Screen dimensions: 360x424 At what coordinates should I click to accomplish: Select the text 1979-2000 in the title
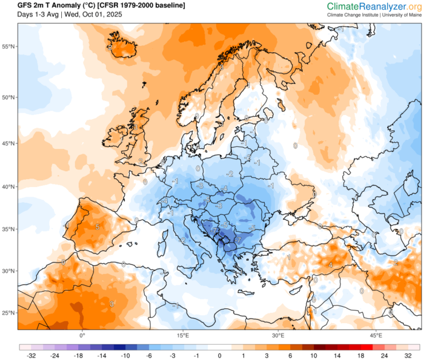tap(127, 5)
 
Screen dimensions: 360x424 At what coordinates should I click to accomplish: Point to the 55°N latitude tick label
tap(8, 47)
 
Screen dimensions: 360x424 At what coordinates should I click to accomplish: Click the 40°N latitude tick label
tap(8, 187)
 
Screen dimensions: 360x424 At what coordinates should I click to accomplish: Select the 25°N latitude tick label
tap(8, 313)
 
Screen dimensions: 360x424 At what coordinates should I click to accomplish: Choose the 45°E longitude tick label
tap(376, 335)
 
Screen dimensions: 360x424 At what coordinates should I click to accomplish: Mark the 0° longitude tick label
tap(82, 335)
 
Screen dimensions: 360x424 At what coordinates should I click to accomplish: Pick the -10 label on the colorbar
tap(124, 356)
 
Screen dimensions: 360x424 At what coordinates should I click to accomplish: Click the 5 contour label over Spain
tap(97, 227)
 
